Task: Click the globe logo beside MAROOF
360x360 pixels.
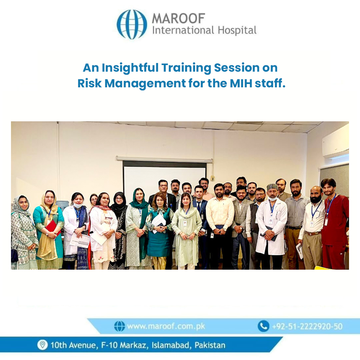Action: click(132, 24)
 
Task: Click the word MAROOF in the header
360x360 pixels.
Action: click(178, 18)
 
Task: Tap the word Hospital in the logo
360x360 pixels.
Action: click(237, 31)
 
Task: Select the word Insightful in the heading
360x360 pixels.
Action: click(130, 68)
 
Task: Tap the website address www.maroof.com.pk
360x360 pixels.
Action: click(166, 326)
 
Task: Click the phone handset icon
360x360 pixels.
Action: click(263, 326)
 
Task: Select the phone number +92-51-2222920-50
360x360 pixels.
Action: click(307, 326)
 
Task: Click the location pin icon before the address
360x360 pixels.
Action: click(42, 345)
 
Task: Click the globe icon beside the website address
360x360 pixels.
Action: click(120, 326)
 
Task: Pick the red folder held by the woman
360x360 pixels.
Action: click(53, 227)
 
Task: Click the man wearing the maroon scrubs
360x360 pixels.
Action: click(334, 224)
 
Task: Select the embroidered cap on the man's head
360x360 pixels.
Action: click(272, 187)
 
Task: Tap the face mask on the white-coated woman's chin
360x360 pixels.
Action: click(77, 205)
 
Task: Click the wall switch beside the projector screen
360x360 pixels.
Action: click(212, 178)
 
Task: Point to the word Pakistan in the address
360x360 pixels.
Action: click(210, 345)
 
